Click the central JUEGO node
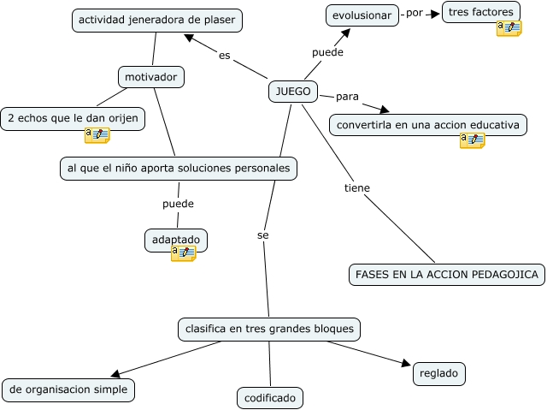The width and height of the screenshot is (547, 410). (x=293, y=92)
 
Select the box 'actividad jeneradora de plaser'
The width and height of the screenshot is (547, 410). (x=157, y=20)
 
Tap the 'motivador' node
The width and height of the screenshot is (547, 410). (x=151, y=77)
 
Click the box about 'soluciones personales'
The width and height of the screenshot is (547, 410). (x=179, y=168)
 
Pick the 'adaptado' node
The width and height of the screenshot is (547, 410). (x=176, y=240)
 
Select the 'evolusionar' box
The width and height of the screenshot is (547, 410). (x=362, y=15)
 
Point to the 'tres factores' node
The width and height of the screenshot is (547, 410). (x=481, y=12)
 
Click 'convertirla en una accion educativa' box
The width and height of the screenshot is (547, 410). (x=427, y=125)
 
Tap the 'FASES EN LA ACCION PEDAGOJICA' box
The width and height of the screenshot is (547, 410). (x=447, y=274)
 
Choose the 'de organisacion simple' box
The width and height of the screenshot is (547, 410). (x=68, y=389)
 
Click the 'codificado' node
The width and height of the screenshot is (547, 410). (x=270, y=398)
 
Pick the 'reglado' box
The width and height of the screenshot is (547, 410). (x=439, y=373)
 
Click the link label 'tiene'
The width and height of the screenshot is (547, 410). (x=356, y=187)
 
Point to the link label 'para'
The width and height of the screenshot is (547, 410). (x=346, y=94)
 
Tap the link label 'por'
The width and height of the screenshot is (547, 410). (x=415, y=14)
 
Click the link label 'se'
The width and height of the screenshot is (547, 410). (x=262, y=234)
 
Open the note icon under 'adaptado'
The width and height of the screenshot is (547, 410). (x=183, y=253)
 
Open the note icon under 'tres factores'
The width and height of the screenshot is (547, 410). (x=509, y=28)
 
